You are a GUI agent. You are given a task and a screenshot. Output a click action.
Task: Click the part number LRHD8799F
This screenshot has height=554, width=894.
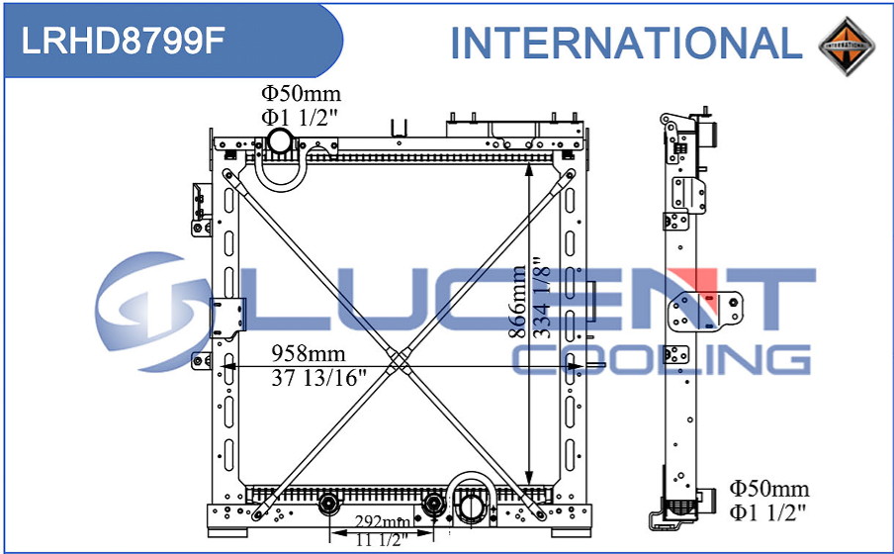123,41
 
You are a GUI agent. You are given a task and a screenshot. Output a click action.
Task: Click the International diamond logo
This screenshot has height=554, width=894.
847,45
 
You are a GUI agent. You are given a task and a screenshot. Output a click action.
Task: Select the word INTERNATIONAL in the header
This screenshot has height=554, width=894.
627,43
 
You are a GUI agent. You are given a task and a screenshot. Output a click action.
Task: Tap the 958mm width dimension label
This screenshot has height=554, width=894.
308,354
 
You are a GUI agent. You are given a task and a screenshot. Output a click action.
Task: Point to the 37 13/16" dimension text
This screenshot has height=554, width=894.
318,377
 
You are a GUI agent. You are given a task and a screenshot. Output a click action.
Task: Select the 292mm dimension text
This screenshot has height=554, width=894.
383,521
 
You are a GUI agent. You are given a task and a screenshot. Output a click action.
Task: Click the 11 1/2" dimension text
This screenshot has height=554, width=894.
382,540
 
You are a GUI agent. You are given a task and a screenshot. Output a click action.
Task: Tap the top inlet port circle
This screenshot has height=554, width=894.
280,140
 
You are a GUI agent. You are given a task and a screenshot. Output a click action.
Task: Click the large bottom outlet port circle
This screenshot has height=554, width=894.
472,508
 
